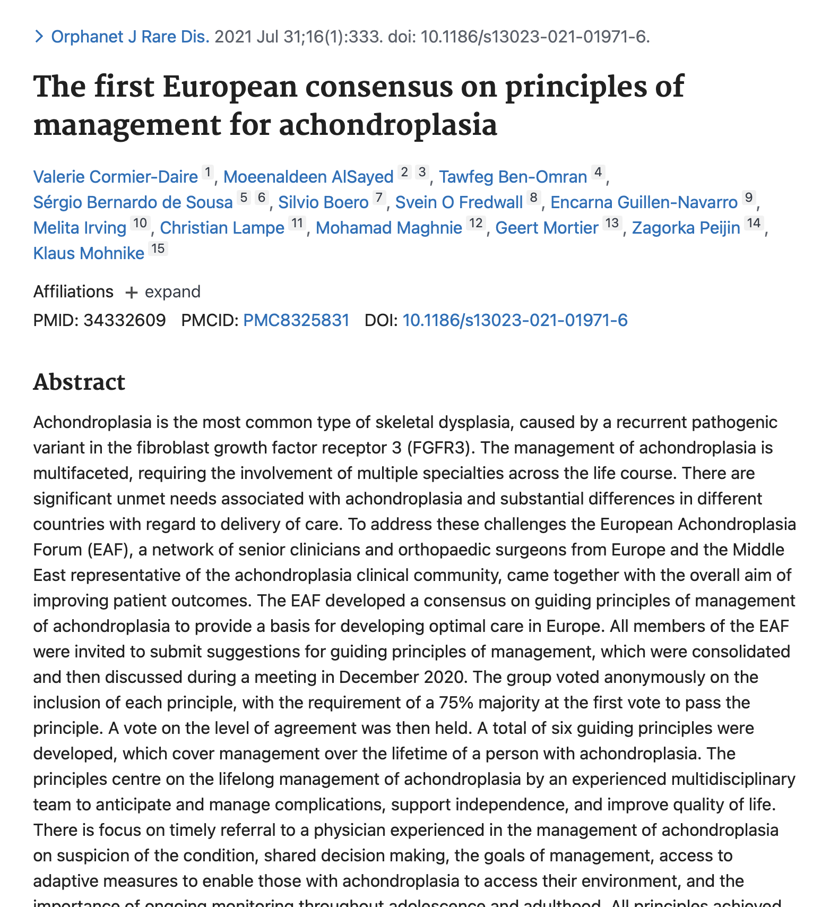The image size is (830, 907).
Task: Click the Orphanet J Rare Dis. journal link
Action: [130, 37]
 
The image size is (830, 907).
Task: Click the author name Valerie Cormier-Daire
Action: [115, 176]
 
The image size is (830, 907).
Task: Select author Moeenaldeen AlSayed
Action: [308, 176]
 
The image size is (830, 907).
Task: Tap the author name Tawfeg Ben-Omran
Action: [513, 176]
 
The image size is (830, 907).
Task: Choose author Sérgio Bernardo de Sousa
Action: [133, 202]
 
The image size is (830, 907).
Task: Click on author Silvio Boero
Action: [323, 202]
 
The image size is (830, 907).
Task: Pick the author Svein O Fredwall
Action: [459, 202]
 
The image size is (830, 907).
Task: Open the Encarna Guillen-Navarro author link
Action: [644, 202]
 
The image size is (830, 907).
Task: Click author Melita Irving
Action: [80, 227]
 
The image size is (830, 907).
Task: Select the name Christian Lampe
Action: [222, 227]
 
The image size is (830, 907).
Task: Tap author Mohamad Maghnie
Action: [389, 227]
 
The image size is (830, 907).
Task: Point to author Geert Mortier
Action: [547, 227]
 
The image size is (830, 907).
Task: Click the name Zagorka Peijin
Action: [686, 227]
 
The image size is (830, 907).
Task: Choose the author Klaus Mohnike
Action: [89, 253]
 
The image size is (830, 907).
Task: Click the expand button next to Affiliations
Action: [163, 292]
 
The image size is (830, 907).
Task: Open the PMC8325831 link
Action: [296, 320]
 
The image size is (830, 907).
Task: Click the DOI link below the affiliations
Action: [515, 320]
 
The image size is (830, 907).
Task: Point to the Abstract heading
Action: [79, 382]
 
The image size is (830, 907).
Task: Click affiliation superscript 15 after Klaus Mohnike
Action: [158, 249]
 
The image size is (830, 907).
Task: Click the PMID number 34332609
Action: [124, 320]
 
